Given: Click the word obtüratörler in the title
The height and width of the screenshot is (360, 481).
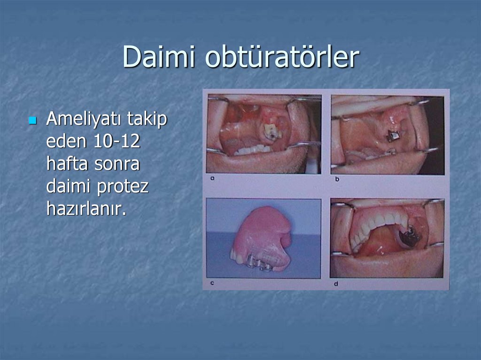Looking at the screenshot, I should coord(282,58).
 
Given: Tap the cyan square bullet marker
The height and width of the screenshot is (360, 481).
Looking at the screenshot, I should coord(32,121).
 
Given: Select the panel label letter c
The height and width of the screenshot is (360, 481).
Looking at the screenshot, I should coord(212,283).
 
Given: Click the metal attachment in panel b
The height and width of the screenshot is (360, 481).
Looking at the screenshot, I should coord(392,137).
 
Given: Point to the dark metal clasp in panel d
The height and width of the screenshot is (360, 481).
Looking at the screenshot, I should coord(410,236).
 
